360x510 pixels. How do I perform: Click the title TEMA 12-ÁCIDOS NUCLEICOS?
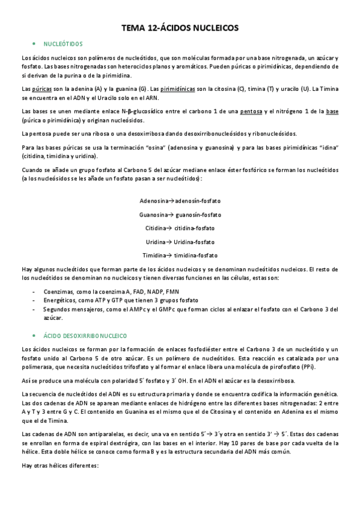point(180,28)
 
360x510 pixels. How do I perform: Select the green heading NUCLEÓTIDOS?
point(63,44)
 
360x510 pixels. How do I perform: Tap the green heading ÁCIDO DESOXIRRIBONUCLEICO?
point(89,334)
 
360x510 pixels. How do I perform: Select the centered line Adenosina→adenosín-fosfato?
point(180,201)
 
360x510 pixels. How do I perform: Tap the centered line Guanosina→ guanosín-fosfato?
point(180,215)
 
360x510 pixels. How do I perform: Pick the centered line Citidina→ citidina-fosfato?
point(180,229)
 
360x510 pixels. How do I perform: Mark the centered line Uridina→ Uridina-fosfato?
point(180,242)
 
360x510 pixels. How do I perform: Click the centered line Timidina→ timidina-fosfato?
point(180,256)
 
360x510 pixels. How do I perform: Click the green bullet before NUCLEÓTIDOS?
point(34,44)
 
